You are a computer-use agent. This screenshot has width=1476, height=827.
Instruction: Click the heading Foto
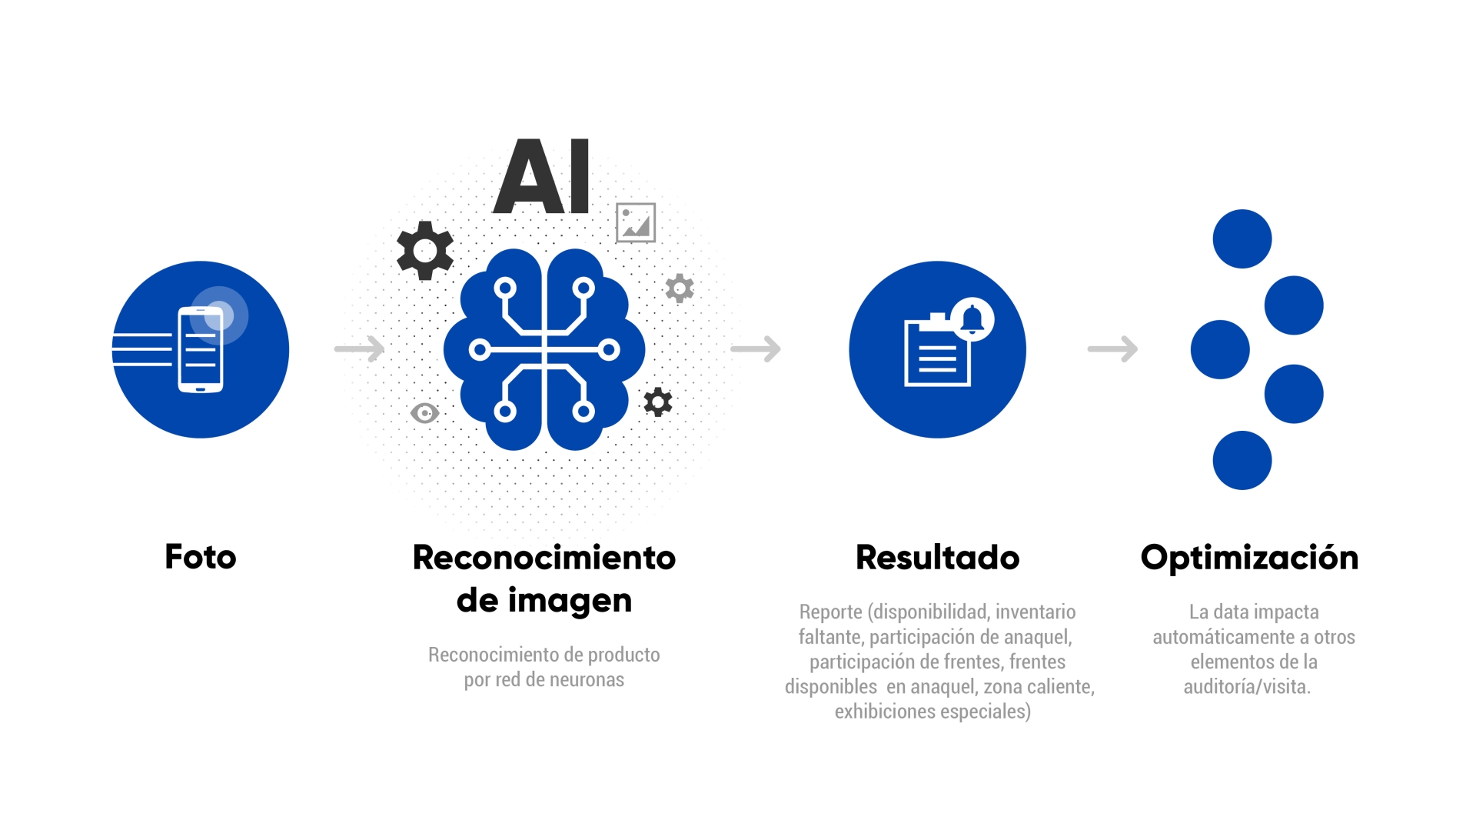click(201, 557)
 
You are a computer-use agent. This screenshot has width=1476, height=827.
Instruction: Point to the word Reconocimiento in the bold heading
click(544, 558)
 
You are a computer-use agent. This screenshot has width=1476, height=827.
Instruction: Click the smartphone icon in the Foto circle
click(201, 349)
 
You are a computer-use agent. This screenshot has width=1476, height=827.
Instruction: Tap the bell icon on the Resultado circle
click(972, 318)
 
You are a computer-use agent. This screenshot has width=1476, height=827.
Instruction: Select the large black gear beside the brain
click(425, 251)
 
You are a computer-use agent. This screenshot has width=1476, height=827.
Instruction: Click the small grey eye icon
click(424, 413)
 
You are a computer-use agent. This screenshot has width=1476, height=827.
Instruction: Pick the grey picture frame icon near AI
click(636, 223)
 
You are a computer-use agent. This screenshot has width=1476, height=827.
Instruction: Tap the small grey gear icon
click(680, 288)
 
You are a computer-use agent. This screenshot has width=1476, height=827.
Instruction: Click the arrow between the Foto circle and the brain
click(360, 349)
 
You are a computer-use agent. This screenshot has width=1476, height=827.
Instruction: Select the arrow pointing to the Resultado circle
click(756, 349)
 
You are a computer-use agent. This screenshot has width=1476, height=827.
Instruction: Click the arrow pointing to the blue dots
click(1112, 349)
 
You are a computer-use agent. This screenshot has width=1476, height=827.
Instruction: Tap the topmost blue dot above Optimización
click(1242, 238)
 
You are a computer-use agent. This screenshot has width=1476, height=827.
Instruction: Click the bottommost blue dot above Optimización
click(1242, 460)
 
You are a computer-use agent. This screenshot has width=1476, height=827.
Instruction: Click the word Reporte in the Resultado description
click(831, 612)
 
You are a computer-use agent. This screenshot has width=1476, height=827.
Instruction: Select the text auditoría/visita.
click(1247, 686)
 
